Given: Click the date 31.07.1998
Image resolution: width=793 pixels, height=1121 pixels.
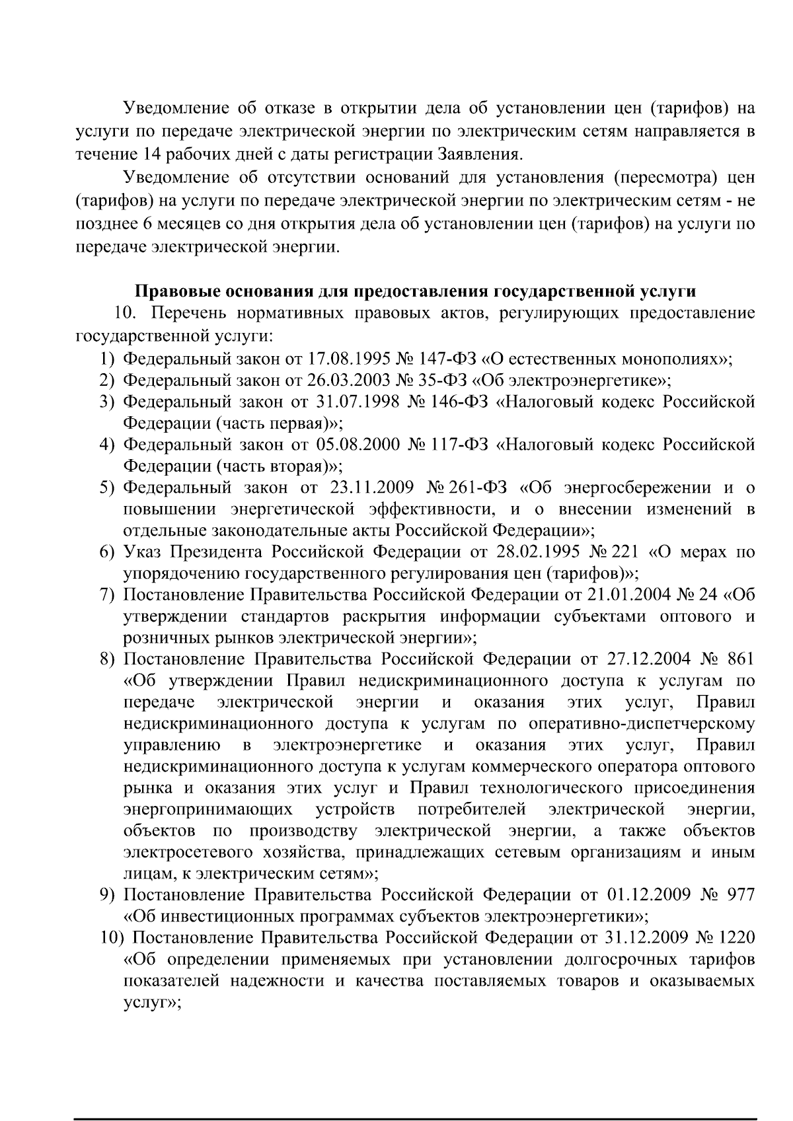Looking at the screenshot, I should (362, 402).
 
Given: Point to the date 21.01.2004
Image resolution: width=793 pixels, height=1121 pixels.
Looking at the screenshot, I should (628, 595).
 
